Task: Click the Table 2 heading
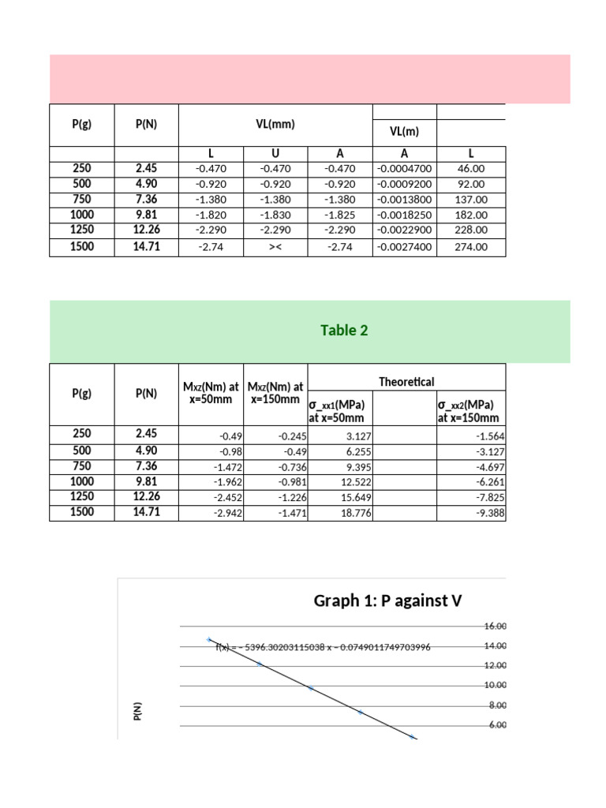(344, 331)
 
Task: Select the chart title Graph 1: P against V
(387, 602)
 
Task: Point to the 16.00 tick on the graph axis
(495, 626)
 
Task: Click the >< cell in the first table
(275, 247)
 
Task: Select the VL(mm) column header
(275, 124)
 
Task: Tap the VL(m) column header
(403, 132)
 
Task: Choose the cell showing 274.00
(471, 247)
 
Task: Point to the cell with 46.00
(471, 169)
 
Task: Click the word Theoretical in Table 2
(406, 382)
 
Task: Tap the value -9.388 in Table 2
(490, 513)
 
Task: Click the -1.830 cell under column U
(275, 214)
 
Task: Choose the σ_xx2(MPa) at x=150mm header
(469, 412)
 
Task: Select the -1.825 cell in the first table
(339, 214)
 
